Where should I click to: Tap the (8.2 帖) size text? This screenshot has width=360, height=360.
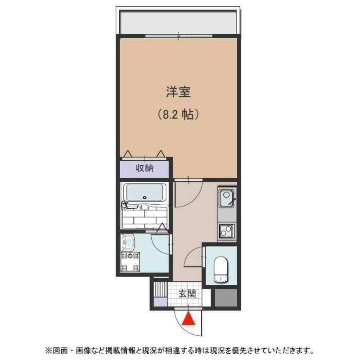178,115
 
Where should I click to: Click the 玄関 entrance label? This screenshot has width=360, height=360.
187,294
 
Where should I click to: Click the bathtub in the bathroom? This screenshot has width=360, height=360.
144,193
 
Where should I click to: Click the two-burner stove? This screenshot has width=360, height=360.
226,231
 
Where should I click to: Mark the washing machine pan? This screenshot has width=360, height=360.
130,263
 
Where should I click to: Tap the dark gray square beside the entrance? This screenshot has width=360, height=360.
225,297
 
